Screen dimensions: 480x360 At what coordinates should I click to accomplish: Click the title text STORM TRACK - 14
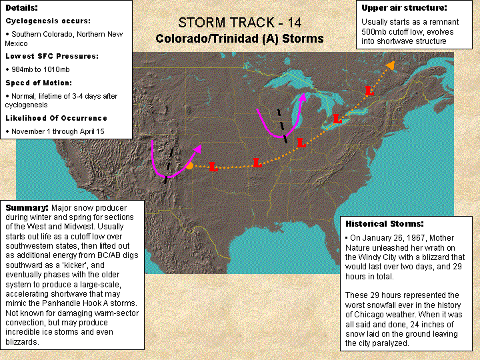click(240, 23)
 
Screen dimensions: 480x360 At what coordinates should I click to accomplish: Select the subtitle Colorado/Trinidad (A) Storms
click(239, 39)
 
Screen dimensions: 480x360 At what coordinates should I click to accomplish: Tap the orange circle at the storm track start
click(190, 166)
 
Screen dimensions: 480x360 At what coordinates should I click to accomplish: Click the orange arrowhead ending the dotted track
click(390, 65)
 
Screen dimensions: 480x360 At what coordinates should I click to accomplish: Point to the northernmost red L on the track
click(369, 91)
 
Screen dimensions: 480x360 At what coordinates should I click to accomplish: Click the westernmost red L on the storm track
click(213, 167)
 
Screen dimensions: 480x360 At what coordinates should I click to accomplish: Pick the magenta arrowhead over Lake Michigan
click(303, 97)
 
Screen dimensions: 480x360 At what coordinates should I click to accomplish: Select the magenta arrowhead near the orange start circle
click(198, 149)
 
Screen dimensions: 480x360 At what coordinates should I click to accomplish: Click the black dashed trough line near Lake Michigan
click(282, 126)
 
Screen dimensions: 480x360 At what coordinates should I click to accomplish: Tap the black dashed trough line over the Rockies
click(169, 165)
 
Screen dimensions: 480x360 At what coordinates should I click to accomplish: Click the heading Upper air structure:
click(404, 8)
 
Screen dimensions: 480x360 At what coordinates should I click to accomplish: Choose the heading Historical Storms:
click(385, 224)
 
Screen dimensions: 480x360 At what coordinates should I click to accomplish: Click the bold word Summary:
click(27, 208)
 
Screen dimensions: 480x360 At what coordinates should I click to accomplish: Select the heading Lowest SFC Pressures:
click(52, 56)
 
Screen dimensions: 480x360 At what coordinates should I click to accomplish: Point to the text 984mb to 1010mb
click(41, 69)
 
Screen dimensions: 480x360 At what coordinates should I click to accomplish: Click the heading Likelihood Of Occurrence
click(56, 118)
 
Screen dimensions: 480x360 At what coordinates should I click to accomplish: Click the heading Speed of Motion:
click(39, 83)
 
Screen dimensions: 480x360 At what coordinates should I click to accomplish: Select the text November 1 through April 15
click(58, 131)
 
